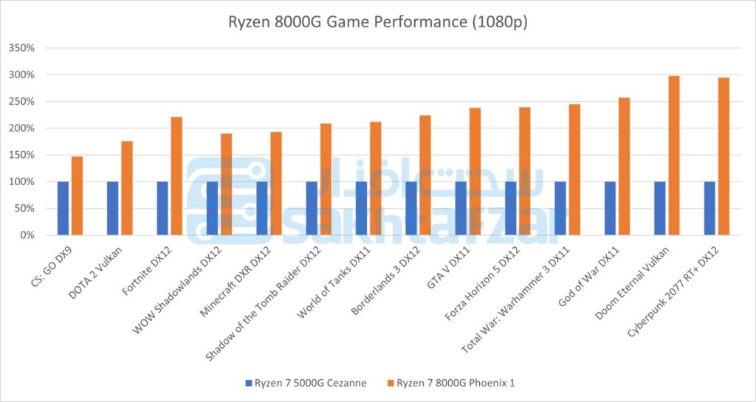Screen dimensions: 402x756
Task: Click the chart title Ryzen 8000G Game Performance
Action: coord(377,23)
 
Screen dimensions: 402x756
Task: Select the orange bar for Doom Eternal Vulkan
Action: coord(673,156)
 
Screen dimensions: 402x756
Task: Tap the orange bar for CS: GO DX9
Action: coord(77,195)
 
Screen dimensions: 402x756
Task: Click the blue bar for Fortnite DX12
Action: coord(162,208)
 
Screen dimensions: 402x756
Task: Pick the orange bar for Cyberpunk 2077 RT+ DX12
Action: coord(724,156)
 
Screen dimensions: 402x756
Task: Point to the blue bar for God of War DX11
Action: coord(610,208)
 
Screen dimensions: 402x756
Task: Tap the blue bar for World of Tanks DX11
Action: coord(361,208)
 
